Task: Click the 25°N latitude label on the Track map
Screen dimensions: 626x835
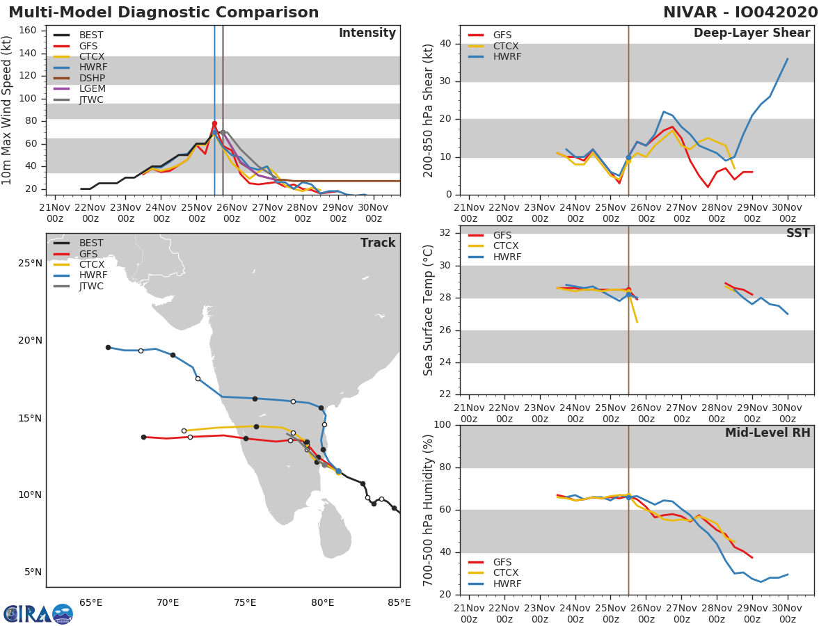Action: click(x=29, y=263)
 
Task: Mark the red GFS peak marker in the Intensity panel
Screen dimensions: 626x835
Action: click(x=214, y=124)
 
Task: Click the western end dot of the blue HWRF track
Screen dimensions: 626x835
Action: click(x=108, y=347)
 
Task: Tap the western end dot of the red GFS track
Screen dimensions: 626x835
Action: click(x=143, y=437)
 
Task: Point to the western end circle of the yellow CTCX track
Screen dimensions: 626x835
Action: click(x=184, y=431)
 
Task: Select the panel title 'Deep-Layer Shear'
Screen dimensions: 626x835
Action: click(x=751, y=33)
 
